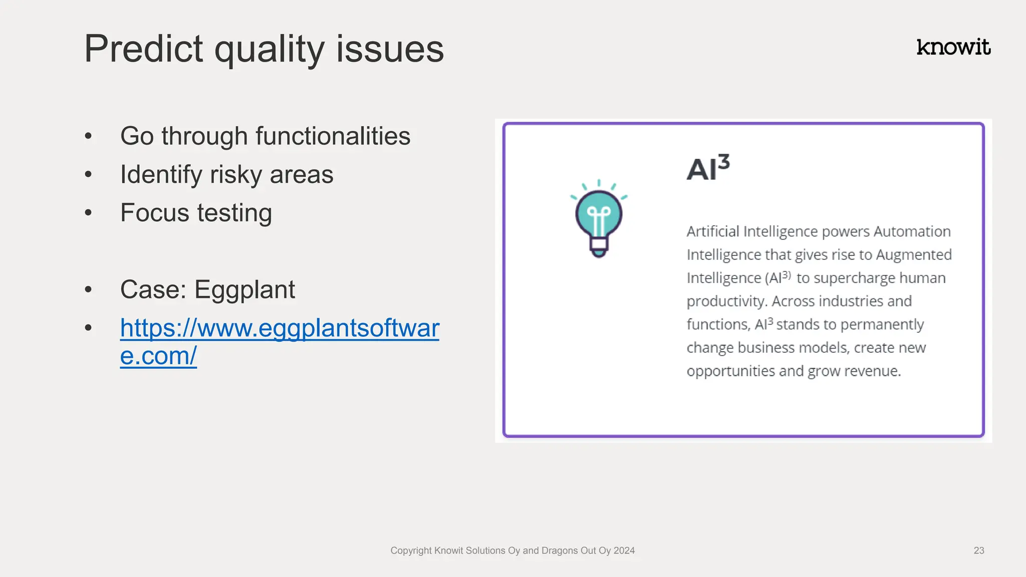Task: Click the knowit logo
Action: pos(953,47)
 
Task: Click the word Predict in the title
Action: pos(143,49)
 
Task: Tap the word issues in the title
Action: pos(390,49)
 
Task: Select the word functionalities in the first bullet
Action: pos(333,136)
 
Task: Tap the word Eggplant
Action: pos(244,290)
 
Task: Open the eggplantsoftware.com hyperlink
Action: pos(280,329)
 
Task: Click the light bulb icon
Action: pos(599,218)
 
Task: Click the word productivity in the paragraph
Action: pos(726,302)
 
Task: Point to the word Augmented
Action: pos(913,255)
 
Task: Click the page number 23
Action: pos(978,550)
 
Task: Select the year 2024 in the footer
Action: pos(624,550)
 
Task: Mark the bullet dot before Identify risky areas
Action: pos(89,175)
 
